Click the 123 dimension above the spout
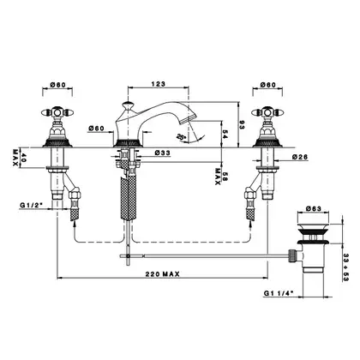(159, 84)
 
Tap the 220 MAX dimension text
(163, 274)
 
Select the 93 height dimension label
(242, 124)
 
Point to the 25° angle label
(182, 137)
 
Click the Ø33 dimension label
(162, 153)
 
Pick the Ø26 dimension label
(300, 157)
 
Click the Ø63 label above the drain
(314, 208)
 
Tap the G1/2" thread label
(31, 205)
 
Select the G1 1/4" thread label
(279, 293)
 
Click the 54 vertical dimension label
(225, 135)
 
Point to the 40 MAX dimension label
(19, 158)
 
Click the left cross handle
(57, 112)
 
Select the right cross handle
(267, 112)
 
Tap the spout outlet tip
(187, 119)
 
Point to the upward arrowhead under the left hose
(75, 225)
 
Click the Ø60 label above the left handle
(57, 85)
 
